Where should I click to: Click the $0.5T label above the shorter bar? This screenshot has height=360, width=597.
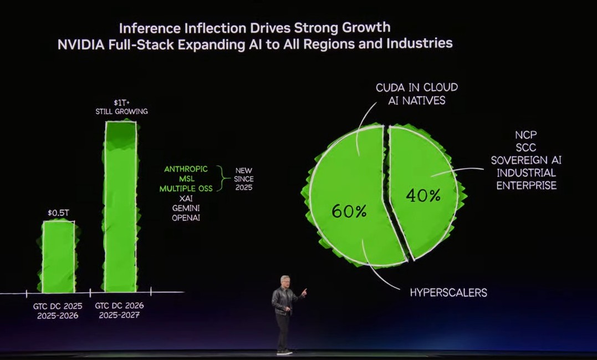pos(58,212)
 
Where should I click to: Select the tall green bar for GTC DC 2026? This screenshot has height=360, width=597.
pos(121,205)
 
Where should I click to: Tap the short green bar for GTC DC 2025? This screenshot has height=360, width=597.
pos(58,256)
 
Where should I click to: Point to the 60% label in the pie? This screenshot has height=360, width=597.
pos(349,211)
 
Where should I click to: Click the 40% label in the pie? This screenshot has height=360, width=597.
pos(423,195)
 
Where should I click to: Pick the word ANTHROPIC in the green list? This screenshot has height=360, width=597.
pos(186,169)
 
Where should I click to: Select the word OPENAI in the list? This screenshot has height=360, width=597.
pos(186,217)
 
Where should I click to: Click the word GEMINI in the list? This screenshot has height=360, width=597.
pos(186,207)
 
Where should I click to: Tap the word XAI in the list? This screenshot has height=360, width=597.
pos(186,198)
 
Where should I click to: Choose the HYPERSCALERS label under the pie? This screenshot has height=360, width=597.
pos(448,292)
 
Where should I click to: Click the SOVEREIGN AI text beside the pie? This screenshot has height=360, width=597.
pos(526,160)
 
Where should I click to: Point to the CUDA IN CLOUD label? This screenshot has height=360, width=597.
pos(416,88)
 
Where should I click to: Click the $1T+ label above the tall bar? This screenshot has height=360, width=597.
pos(121,103)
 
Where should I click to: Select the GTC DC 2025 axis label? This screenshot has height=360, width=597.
pos(58,306)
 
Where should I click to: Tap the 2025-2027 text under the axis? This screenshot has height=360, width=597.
pos(120,315)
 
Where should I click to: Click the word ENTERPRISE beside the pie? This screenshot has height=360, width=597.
pos(526,185)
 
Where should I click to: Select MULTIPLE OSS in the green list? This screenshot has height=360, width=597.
pos(186,189)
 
